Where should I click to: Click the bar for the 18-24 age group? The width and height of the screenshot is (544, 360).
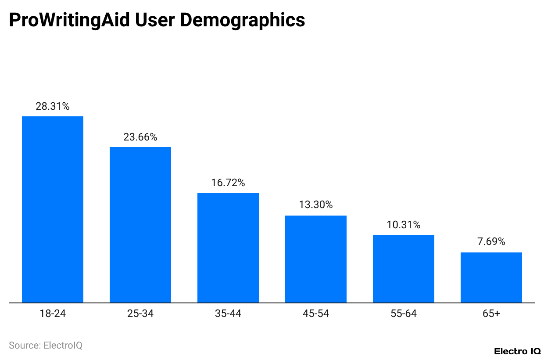click(x=53, y=209)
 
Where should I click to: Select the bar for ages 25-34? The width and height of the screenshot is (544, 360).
click(x=140, y=225)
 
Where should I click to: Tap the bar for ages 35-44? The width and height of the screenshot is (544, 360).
click(x=228, y=248)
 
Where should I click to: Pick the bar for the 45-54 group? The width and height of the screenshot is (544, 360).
click(x=316, y=259)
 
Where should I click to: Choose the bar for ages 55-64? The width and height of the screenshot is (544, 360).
click(x=404, y=269)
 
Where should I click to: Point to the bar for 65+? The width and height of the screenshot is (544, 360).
click(x=491, y=277)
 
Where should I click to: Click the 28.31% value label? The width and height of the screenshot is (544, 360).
click(x=53, y=106)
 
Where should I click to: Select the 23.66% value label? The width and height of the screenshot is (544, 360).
click(x=140, y=137)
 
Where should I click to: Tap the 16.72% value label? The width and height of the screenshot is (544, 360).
click(x=228, y=183)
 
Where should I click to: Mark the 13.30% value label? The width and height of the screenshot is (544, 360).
click(x=316, y=205)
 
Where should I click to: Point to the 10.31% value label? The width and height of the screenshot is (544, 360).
click(x=404, y=225)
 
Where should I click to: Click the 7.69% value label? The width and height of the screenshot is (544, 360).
click(x=491, y=241)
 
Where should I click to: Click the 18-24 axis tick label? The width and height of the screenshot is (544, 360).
click(x=53, y=314)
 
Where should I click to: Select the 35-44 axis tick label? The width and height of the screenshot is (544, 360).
click(x=228, y=314)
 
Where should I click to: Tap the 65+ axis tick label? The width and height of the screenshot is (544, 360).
click(x=491, y=314)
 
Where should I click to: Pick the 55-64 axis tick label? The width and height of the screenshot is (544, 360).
click(x=404, y=314)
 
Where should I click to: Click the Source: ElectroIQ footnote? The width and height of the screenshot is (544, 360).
click(x=46, y=346)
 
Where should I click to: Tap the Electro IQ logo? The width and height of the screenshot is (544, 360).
click(x=517, y=351)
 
